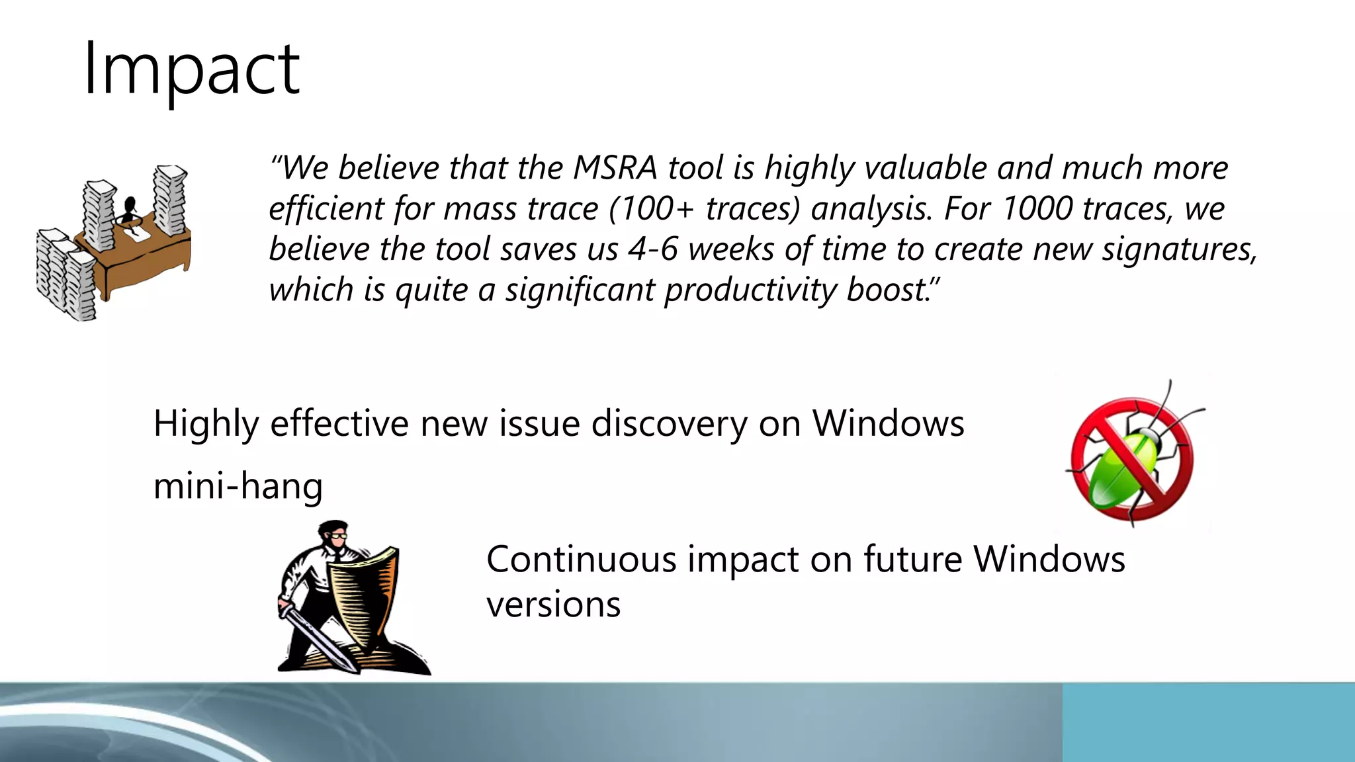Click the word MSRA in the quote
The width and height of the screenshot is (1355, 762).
615,168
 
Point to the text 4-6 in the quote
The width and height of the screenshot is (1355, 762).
652,250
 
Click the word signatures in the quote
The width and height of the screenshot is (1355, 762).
1178,250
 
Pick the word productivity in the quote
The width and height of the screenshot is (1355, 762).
751,290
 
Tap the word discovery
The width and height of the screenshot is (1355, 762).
669,423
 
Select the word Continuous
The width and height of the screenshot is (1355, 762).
581,560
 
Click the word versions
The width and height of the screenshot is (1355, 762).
553,605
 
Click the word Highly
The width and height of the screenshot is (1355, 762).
206,425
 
